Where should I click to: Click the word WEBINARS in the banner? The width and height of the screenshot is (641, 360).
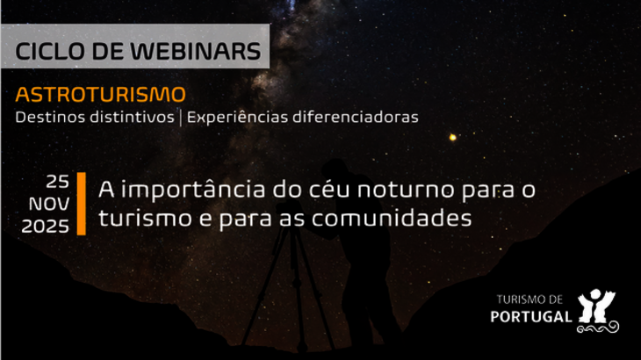coord(196,50)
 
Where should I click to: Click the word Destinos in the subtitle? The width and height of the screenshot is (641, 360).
coord(45,117)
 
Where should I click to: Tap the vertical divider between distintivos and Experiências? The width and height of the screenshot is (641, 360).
coord(180,117)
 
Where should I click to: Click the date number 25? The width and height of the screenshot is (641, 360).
coord(58,183)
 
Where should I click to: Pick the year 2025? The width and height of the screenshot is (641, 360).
coord(46,226)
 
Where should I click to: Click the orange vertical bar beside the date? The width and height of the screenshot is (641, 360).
coord(81,204)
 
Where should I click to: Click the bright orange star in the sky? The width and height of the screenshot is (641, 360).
coord(453,137)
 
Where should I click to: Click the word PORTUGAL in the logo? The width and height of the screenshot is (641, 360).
coord(533,316)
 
